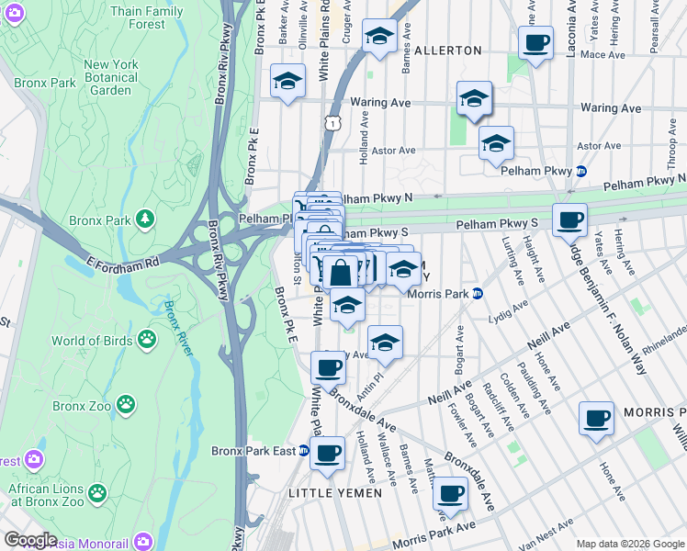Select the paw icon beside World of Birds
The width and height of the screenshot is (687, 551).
pos(146,341)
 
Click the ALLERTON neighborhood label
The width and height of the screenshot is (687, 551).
pos(447,50)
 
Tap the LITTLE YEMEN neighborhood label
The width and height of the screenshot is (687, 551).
pos(328,494)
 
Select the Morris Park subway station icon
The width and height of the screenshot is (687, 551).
pos(477,294)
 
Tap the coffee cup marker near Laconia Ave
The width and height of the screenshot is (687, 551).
pos(535,42)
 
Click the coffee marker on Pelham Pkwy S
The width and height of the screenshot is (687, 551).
pos(569,220)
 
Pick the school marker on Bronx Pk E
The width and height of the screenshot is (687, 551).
pos(287,81)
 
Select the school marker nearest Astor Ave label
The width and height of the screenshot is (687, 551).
pos(496,144)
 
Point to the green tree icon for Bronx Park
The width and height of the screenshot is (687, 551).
pos(144,219)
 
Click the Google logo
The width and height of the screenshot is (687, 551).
pos(30,540)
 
